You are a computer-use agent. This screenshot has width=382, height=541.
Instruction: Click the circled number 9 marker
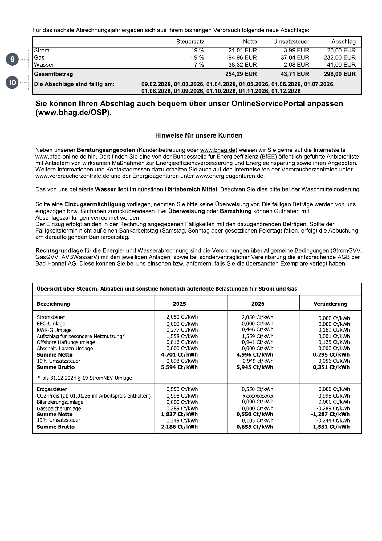click(12, 59)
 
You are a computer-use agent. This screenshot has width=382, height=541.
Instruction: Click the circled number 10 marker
click(12, 83)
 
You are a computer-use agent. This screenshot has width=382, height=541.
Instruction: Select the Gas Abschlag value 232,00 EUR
click(339, 58)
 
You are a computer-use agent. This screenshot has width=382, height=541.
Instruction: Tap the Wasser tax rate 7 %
click(199, 65)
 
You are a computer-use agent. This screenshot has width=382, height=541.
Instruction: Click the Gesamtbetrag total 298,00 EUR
click(339, 74)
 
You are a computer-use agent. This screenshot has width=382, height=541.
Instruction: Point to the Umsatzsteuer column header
click(291, 42)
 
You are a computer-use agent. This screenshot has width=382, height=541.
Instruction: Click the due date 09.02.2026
click(156, 84)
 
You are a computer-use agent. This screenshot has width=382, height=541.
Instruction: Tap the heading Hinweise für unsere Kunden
click(198, 135)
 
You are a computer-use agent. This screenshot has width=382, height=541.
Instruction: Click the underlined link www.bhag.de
click(217, 150)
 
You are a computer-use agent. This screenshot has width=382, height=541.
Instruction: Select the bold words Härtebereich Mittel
click(191, 189)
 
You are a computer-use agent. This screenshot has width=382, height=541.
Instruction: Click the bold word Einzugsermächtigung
click(95, 204)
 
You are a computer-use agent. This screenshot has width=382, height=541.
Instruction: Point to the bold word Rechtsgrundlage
click(59, 250)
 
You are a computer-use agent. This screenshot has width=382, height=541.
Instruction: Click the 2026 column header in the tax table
click(258, 304)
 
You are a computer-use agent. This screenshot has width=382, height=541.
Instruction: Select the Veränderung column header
click(330, 304)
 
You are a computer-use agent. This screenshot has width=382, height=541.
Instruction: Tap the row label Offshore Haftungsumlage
click(66, 342)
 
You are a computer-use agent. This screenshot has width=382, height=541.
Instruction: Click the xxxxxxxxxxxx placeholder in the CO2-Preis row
click(258, 396)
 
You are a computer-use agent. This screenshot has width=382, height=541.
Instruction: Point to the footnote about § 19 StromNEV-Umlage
click(84, 378)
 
